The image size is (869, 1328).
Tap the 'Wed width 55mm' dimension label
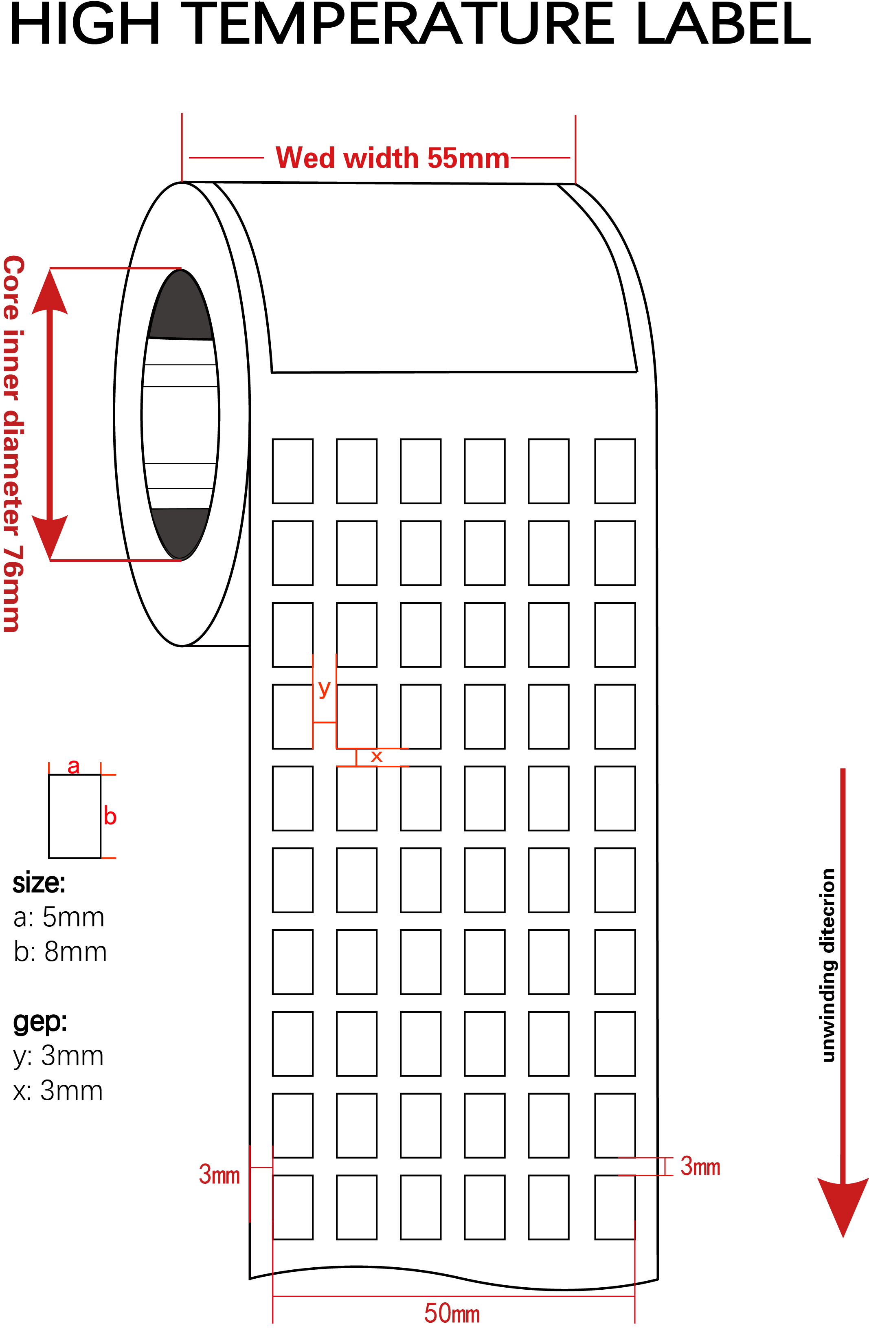coord(392,158)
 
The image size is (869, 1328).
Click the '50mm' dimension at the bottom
coord(452,1313)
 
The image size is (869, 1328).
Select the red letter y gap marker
coord(324,689)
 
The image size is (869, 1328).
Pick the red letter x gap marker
coord(377,756)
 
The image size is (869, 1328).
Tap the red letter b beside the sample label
coord(110,816)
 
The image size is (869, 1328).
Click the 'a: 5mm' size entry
coord(59,917)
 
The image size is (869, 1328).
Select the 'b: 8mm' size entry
coord(60,952)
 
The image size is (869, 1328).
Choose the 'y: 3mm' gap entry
coord(59,1056)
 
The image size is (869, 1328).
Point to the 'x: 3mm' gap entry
coord(58,1091)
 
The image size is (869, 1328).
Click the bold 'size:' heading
coord(39,883)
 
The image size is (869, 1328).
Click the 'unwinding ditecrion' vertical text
coord(828,965)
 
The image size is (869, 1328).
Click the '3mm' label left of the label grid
coord(219,1174)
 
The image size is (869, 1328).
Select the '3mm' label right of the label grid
coord(700,1167)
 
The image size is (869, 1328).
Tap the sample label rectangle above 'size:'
coord(75,816)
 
